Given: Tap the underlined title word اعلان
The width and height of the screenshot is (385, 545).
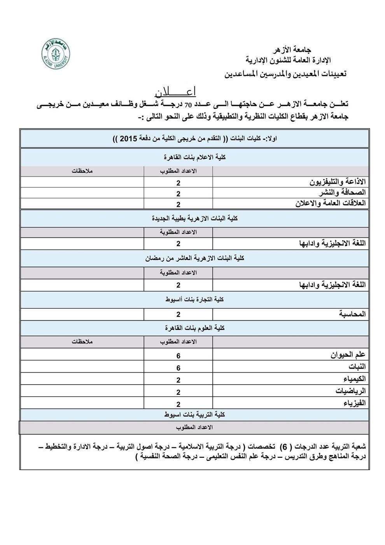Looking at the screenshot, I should click(x=175, y=92).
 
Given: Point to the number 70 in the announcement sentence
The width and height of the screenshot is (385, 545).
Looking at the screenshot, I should click(x=189, y=104).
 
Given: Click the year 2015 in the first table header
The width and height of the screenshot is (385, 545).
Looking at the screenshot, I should click(x=128, y=139).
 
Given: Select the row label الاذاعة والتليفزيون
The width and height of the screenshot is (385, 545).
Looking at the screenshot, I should click(x=338, y=182).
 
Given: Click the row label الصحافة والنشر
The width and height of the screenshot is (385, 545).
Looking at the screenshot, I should click(x=342, y=192).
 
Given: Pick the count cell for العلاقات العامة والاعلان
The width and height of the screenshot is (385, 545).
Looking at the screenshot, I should click(x=178, y=204).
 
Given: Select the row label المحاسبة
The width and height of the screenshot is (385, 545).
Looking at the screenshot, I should click(x=353, y=314).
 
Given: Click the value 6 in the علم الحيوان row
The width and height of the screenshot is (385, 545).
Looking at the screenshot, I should click(x=178, y=355).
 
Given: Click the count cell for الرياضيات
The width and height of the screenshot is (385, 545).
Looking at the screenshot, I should click(x=178, y=392).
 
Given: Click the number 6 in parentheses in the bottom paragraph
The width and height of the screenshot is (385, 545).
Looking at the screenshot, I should click(x=285, y=446).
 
